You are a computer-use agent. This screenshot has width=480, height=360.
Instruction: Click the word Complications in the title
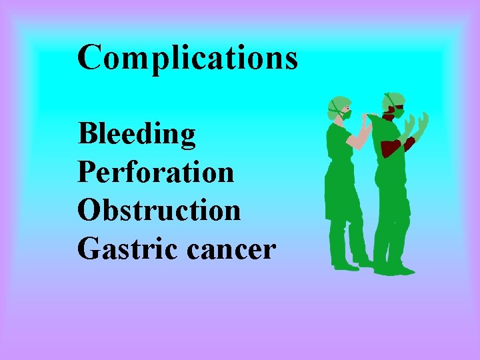(x=187, y=58)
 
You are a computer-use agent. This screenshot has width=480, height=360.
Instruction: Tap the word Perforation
(x=155, y=172)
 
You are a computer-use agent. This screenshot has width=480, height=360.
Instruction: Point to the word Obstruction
(x=159, y=210)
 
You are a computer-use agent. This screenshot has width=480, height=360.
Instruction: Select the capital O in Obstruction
(x=89, y=210)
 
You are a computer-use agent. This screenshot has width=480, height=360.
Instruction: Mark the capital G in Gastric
(x=88, y=249)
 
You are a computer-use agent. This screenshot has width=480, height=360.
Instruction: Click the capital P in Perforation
(x=86, y=172)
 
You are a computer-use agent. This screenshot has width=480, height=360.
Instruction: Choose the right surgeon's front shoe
(x=400, y=271)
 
